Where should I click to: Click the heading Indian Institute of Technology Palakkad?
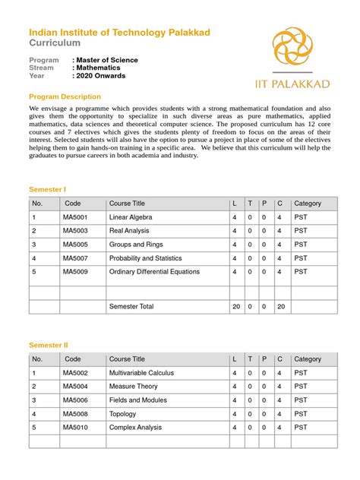tap(119, 32)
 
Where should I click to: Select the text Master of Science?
tap(105, 60)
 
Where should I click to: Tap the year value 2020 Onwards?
tap(100, 76)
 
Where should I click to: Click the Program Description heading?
tap(65, 96)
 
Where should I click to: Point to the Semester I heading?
tap(48, 188)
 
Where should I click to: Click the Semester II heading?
tap(49, 344)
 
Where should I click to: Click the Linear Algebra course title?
tap(131, 217)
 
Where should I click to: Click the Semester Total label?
tap(131, 306)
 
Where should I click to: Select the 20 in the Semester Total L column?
tap(236, 306)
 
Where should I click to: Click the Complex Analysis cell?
tap(135, 428)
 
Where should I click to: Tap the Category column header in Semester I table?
tap(308, 204)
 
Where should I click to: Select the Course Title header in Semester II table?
tap(127, 359)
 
